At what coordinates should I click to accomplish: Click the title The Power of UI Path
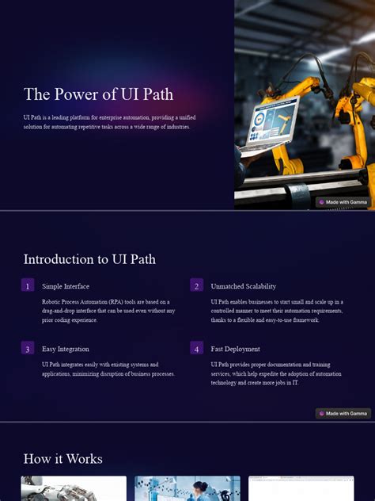pos(97,95)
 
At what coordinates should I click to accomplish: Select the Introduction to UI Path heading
pos(89,259)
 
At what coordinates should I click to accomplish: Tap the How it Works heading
pos(63,458)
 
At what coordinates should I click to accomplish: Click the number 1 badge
pos(28,285)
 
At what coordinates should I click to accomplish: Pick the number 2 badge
pos(197,285)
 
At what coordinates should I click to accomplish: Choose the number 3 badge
pos(28,348)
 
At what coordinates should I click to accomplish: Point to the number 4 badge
pos(197,348)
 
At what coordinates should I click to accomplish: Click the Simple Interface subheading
pos(66,286)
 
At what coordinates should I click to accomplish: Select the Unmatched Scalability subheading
pos(244,286)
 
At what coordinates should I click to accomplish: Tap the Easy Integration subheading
pos(66,349)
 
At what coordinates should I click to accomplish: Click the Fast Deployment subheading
pos(236,349)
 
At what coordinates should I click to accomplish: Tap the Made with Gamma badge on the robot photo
pos(343,202)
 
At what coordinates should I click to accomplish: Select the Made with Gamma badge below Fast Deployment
pos(343,413)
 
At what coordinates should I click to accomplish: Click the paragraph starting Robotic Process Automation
pos(108,310)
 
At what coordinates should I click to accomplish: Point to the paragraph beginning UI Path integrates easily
pos(108,369)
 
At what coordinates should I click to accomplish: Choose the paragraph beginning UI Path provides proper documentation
pos(276,373)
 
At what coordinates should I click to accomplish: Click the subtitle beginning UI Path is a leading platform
pos(107,122)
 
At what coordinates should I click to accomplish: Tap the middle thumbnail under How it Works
pos(187,488)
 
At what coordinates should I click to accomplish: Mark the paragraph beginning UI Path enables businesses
pos(277,310)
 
